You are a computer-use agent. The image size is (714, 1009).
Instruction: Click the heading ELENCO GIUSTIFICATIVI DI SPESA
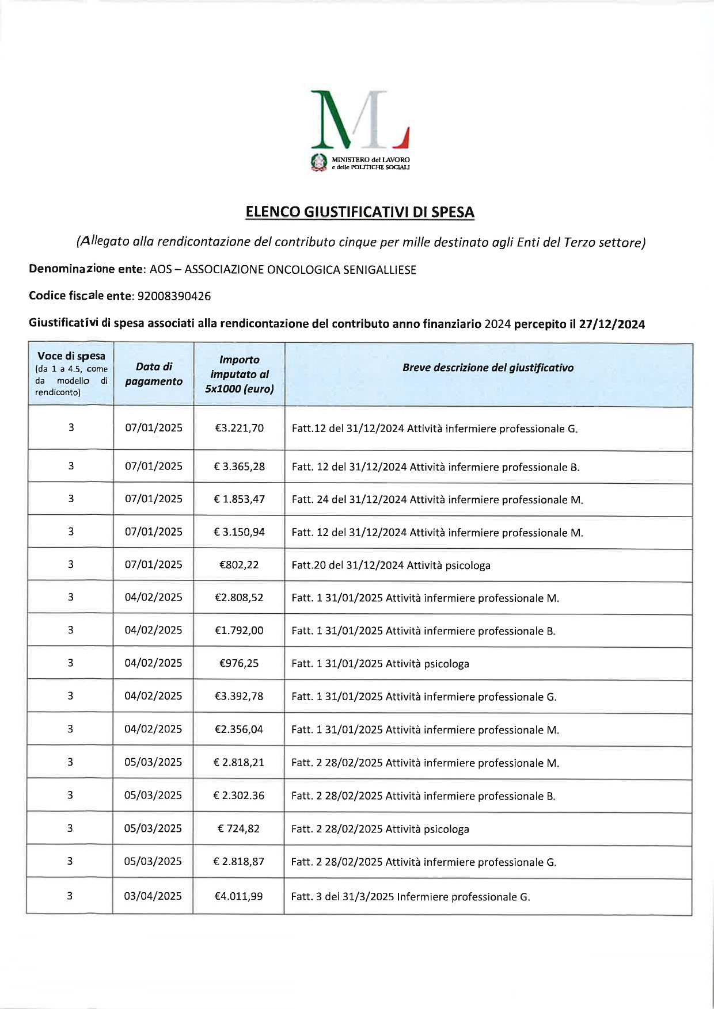[x=360, y=212]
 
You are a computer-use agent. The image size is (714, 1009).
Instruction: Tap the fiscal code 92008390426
[x=174, y=296]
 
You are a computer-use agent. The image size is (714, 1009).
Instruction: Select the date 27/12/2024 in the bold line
[x=612, y=324]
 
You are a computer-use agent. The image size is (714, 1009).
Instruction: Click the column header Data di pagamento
[x=154, y=374]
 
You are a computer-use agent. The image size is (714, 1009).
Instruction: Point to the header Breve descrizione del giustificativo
[x=488, y=368]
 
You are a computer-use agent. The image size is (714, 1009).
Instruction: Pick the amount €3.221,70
[x=239, y=428]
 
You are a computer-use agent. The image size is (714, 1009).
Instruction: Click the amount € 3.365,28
[x=239, y=467]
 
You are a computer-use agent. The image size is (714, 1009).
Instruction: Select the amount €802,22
[x=239, y=565]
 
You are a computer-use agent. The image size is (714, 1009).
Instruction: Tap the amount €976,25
[x=239, y=663]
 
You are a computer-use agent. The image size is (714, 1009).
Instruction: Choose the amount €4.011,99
[x=238, y=896]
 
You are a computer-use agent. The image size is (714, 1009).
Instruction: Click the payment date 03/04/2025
[x=153, y=896]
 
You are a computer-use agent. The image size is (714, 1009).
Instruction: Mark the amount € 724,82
[x=238, y=829]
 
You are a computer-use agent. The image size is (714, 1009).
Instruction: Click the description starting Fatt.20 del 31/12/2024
[x=391, y=565]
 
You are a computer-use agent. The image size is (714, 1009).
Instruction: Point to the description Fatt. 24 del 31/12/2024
[x=437, y=500]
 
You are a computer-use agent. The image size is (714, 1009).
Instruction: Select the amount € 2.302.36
[x=238, y=796]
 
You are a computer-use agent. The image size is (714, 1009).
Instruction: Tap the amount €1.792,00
[x=239, y=630]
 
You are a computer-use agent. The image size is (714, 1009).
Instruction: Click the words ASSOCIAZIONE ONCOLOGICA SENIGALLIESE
[x=300, y=270]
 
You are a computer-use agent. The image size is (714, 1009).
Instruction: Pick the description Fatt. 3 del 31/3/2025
[x=410, y=897]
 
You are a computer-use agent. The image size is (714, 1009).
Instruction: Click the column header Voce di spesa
[x=71, y=357]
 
